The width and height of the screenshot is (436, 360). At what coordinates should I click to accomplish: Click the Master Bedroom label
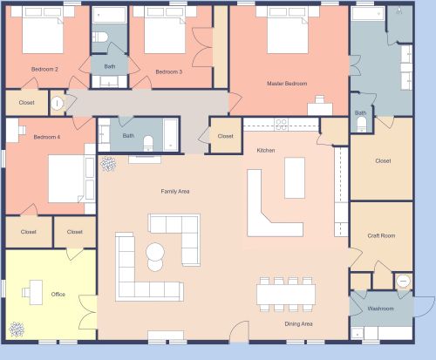click(x=287, y=83)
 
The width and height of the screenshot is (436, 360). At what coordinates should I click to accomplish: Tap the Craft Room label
click(x=381, y=235)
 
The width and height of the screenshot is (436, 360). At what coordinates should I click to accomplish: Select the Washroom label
click(x=380, y=309)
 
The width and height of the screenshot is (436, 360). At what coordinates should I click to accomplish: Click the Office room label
click(x=58, y=294)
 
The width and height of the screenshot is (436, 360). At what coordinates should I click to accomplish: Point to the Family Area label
click(x=174, y=191)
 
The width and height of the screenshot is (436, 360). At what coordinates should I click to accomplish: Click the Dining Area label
click(x=299, y=323)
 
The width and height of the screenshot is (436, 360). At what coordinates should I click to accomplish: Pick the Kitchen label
click(x=265, y=150)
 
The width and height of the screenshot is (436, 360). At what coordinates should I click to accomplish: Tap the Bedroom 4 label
click(x=47, y=137)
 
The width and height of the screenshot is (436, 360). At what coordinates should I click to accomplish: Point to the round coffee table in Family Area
click(x=155, y=255)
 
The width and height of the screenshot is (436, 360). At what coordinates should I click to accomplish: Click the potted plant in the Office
click(x=17, y=329)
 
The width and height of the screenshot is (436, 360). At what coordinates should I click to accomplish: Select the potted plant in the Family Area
click(x=108, y=163)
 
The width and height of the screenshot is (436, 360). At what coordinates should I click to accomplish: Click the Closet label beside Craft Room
click(x=383, y=160)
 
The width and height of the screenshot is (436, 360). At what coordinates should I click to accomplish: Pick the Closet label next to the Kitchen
click(x=225, y=136)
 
